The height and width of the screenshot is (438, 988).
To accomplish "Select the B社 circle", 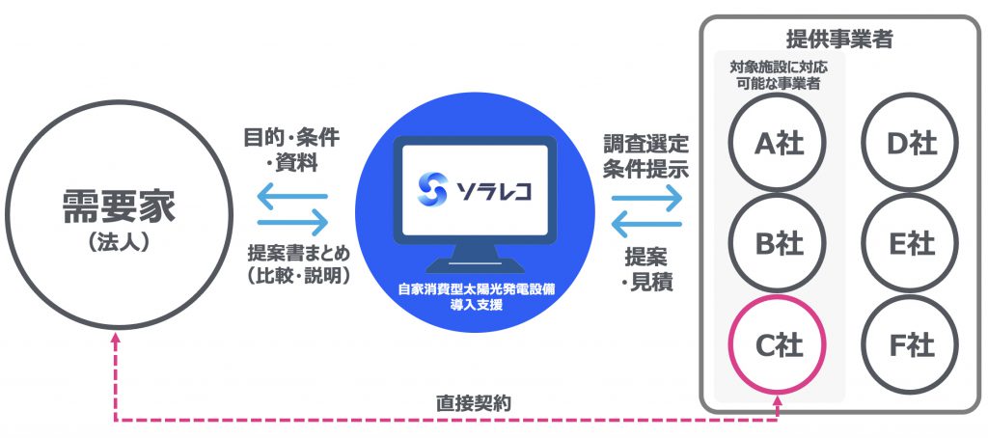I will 778,243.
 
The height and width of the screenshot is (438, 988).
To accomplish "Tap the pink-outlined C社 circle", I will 778,343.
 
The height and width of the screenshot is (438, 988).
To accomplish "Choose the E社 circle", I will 911,243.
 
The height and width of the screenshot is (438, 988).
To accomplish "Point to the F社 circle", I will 911,343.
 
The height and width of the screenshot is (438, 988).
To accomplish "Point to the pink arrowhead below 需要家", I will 115,338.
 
